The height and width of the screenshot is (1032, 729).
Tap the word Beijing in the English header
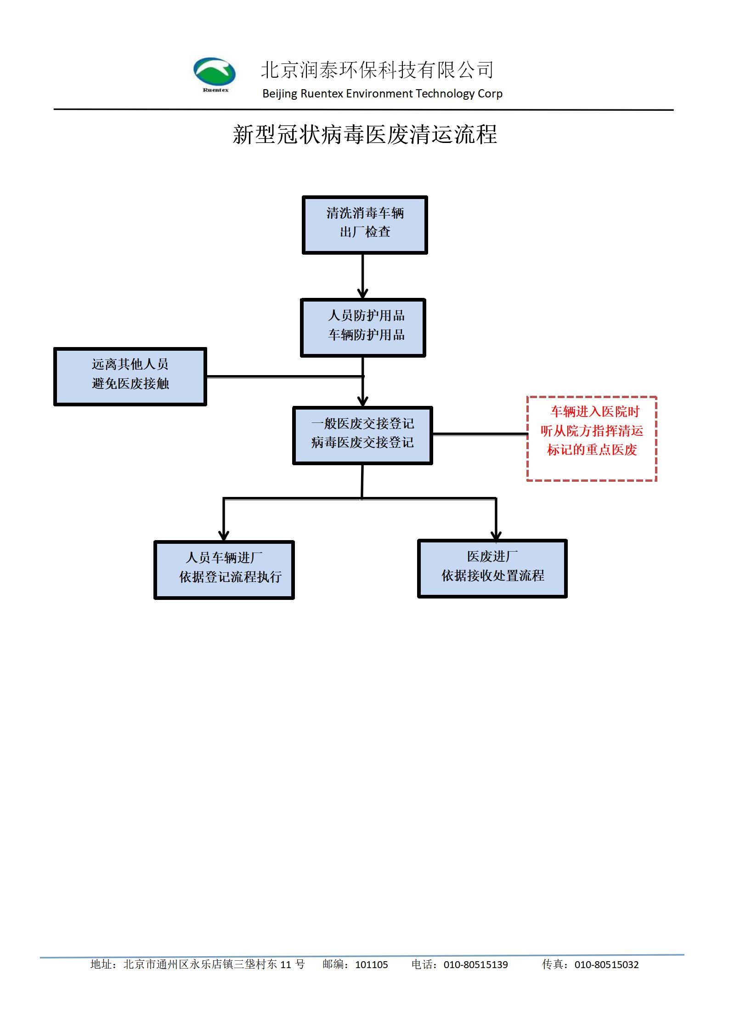[x=280, y=94]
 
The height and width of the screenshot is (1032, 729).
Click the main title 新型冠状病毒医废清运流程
[x=365, y=135]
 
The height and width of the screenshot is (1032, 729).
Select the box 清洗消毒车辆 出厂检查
[x=365, y=225]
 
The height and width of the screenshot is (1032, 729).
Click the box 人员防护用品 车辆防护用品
[x=363, y=328]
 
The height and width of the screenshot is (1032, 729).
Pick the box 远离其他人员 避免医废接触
[x=130, y=376]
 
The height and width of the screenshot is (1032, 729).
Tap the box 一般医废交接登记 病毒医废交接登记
[x=362, y=435]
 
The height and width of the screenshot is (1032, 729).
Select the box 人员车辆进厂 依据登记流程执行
[x=224, y=570]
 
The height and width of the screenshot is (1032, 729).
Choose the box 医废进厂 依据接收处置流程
[x=492, y=569]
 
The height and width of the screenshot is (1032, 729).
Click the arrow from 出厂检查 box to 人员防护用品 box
[x=363, y=276]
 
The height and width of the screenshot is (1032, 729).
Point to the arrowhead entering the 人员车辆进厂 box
[x=224, y=536]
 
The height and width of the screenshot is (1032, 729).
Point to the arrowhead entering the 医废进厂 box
[x=496, y=535]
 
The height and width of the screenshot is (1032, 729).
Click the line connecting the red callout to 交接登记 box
[x=480, y=434]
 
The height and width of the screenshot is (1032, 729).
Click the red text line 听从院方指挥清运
[x=592, y=431]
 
